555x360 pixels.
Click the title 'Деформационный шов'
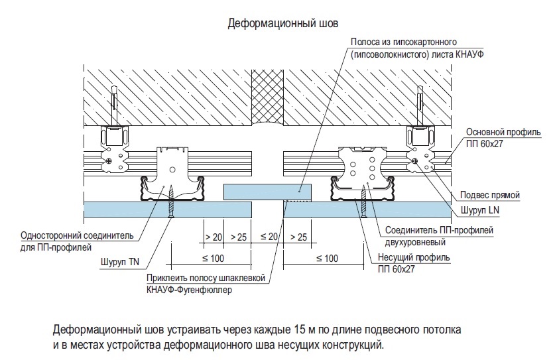pyautogui.click(x=283, y=23)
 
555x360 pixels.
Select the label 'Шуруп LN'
pyautogui.click(x=479, y=210)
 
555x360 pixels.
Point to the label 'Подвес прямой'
pyautogui.click(x=490, y=195)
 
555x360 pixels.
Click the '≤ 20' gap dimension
pyautogui.click(x=269, y=237)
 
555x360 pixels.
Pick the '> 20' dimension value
pyautogui.click(x=214, y=237)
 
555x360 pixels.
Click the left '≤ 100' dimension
pyautogui.click(x=213, y=259)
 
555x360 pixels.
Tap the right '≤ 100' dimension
pyautogui.click(x=327, y=259)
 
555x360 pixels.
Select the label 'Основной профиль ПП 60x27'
pyautogui.click(x=503, y=138)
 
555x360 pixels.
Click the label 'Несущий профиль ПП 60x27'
pyautogui.click(x=414, y=263)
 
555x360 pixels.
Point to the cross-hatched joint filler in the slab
pyautogui.click(x=267, y=97)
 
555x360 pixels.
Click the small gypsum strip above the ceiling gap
pyautogui.click(x=267, y=192)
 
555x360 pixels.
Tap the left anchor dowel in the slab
pyautogui.click(x=113, y=105)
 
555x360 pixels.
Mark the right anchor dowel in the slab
pyautogui.click(x=420, y=105)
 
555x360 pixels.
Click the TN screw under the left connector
pyautogui.click(x=171, y=201)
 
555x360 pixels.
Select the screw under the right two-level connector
pyautogui.click(x=363, y=201)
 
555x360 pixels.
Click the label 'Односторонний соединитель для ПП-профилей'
pyautogui.click(x=77, y=241)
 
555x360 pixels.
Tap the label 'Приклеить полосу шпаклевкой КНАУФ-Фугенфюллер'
pyautogui.click(x=206, y=284)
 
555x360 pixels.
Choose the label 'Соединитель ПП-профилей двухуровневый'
pyautogui.click(x=439, y=236)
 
